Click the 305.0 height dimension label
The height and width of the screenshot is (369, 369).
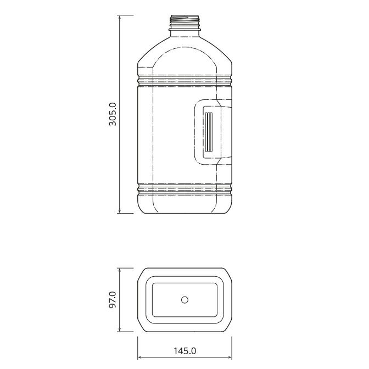point(113,114)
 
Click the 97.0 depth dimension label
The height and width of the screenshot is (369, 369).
point(113,300)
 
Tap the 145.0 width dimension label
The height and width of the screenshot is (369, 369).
point(185,351)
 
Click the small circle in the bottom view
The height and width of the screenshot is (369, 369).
point(185,300)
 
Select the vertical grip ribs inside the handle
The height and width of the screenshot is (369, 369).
point(209,132)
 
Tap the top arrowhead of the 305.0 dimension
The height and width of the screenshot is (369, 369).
point(120,17)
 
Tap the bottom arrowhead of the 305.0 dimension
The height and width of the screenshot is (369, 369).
point(120,211)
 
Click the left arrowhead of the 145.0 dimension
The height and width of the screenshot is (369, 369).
point(140,357)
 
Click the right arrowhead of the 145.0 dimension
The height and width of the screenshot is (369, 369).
point(230,357)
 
